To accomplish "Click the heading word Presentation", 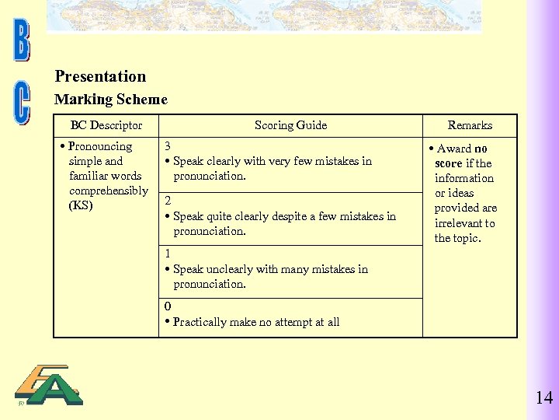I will (100, 76).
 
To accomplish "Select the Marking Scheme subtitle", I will (110, 100).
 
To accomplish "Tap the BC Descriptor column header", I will (106, 125).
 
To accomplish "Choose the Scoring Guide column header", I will (290, 125).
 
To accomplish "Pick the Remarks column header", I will (470, 125).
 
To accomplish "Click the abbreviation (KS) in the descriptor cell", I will (81, 205).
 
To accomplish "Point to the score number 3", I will (168, 146).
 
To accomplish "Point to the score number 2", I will (168, 201).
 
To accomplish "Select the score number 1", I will (168, 254).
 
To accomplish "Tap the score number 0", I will (168, 306).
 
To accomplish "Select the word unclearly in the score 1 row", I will (227, 269).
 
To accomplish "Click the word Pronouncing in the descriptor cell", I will (100, 146).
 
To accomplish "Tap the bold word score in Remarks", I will (449, 163).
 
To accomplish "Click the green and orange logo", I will (49, 386).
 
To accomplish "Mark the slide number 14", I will (543, 398).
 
